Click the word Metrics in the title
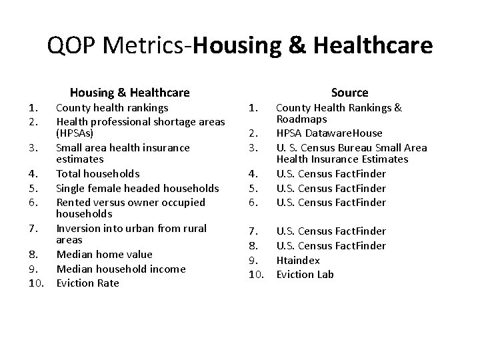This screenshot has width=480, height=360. [x=142, y=45]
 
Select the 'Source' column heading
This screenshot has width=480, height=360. [x=349, y=93]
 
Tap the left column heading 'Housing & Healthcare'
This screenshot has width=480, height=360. [x=129, y=93]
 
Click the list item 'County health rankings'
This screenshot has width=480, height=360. [x=112, y=107]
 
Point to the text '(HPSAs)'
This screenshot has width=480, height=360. [x=76, y=133]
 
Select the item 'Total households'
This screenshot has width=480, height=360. [x=97, y=173]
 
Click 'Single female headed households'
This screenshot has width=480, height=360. [x=137, y=188]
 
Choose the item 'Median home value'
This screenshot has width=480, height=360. [x=104, y=254]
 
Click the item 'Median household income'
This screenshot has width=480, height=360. [x=121, y=269]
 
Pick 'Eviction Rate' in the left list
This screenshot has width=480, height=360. [x=88, y=283]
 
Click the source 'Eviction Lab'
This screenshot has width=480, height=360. [x=305, y=274]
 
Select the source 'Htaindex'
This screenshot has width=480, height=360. [x=298, y=260]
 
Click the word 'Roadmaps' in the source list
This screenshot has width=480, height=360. [x=301, y=119]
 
